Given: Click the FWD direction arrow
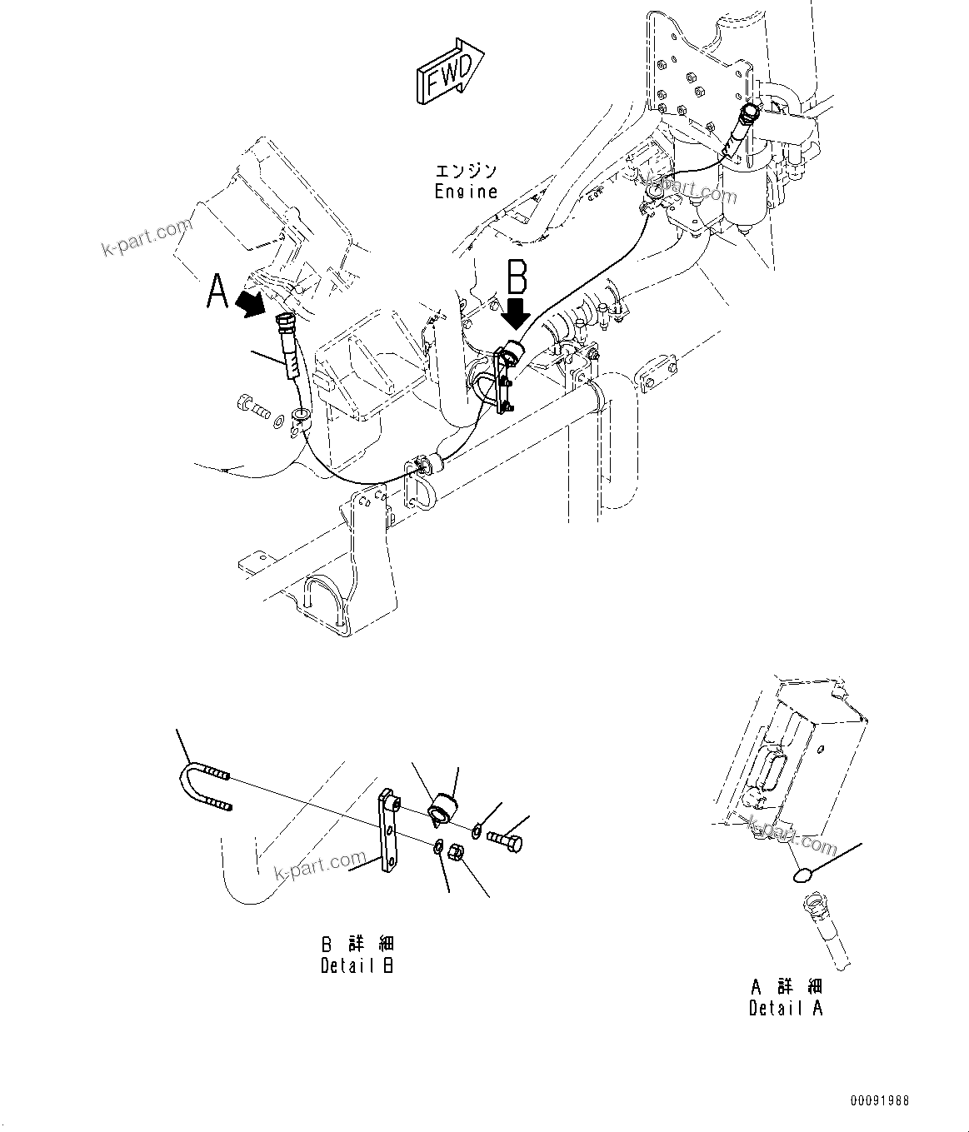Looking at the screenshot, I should (x=448, y=73).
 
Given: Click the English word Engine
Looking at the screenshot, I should (x=466, y=192).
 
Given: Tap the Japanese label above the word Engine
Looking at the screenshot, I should (x=466, y=171).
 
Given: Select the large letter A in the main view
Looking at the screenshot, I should (x=218, y=292).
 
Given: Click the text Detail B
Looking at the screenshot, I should (x=357, y=965).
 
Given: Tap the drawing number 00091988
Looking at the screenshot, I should (x=879, y=1101).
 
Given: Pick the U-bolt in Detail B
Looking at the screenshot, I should (x=202, y=785).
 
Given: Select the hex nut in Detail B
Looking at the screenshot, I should (x=457, y=853).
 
